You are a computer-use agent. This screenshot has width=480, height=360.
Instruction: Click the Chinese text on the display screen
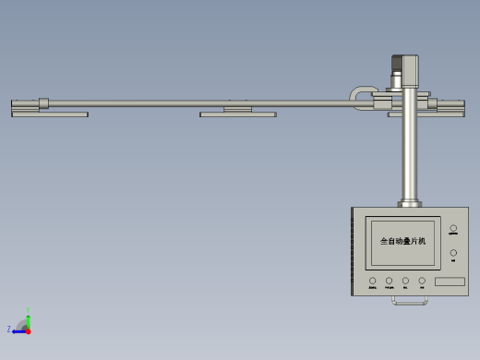(x=403, y=241)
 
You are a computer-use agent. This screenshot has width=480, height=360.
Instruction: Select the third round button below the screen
(x=405, y=280)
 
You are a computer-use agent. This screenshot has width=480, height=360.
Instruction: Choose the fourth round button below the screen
(x=422, y=280)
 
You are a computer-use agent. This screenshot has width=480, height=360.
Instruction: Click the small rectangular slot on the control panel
(x=450, y=281)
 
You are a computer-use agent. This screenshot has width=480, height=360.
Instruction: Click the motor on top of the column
(x=404, y=70)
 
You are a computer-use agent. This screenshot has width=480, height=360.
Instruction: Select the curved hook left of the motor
(x=360, y=94)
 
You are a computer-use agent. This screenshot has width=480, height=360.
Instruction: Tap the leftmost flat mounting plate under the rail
(x=50, y=114)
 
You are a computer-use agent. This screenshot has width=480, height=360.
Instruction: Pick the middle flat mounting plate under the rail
(x=238, y=114)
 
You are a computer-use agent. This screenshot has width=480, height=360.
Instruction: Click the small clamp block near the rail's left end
(x=43, y=102)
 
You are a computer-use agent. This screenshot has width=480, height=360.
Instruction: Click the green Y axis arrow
(x=29, y=314)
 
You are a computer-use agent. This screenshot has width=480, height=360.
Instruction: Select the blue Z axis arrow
(x=16, y=330)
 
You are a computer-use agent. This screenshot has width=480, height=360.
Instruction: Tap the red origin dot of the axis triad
(x=28, y=330)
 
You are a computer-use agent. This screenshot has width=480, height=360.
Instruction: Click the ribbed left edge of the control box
(x=353, y=252)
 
